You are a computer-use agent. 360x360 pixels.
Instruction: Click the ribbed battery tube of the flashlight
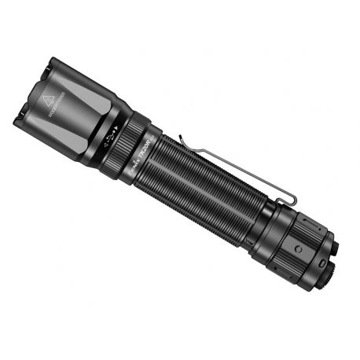(208, 185)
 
